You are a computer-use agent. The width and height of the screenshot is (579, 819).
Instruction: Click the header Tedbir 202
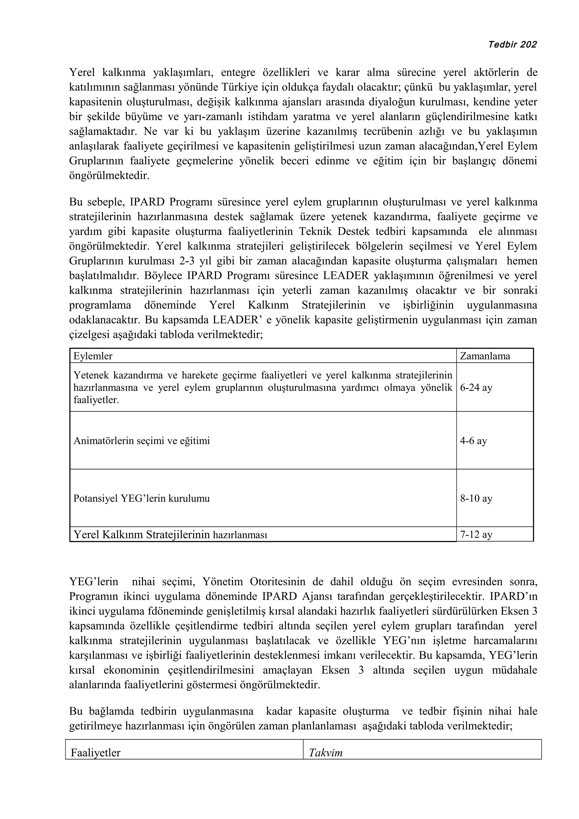(x=512, y=45)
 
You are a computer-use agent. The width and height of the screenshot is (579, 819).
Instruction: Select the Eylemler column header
(x=93, y=356)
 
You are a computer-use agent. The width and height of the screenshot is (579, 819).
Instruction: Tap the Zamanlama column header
(x=485, y=356)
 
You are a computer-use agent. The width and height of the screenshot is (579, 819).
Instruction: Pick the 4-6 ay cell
(x=473, y=441)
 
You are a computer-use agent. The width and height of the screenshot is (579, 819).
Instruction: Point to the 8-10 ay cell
(x=476, y=498)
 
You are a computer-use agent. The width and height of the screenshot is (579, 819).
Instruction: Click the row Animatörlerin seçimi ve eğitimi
(x=142, y=441)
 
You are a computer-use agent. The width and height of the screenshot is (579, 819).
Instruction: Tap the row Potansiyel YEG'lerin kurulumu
(x=142, y=498)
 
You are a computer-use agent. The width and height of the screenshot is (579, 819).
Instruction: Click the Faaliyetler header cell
(x=96, y=753)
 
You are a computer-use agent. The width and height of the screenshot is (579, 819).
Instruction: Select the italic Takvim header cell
(x=325, y=753)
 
